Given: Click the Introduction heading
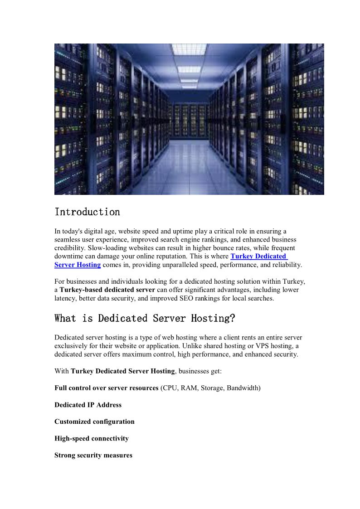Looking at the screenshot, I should click(x=87, y=212).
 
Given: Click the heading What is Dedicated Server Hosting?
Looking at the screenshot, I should click(x=145, y=319).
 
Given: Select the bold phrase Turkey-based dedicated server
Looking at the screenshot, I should click(x=107, y=290).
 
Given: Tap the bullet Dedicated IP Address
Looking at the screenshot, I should click(x=88, y=405).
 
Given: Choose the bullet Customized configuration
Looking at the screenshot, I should click(x=94, y=422).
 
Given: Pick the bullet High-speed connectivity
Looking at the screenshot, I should click(x=92, y=438).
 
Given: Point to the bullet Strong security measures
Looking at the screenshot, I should click(x=93, y=455).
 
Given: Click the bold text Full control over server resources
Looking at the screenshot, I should click(x=106, y=388).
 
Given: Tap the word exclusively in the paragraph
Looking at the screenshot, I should click(x=71, y=346).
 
